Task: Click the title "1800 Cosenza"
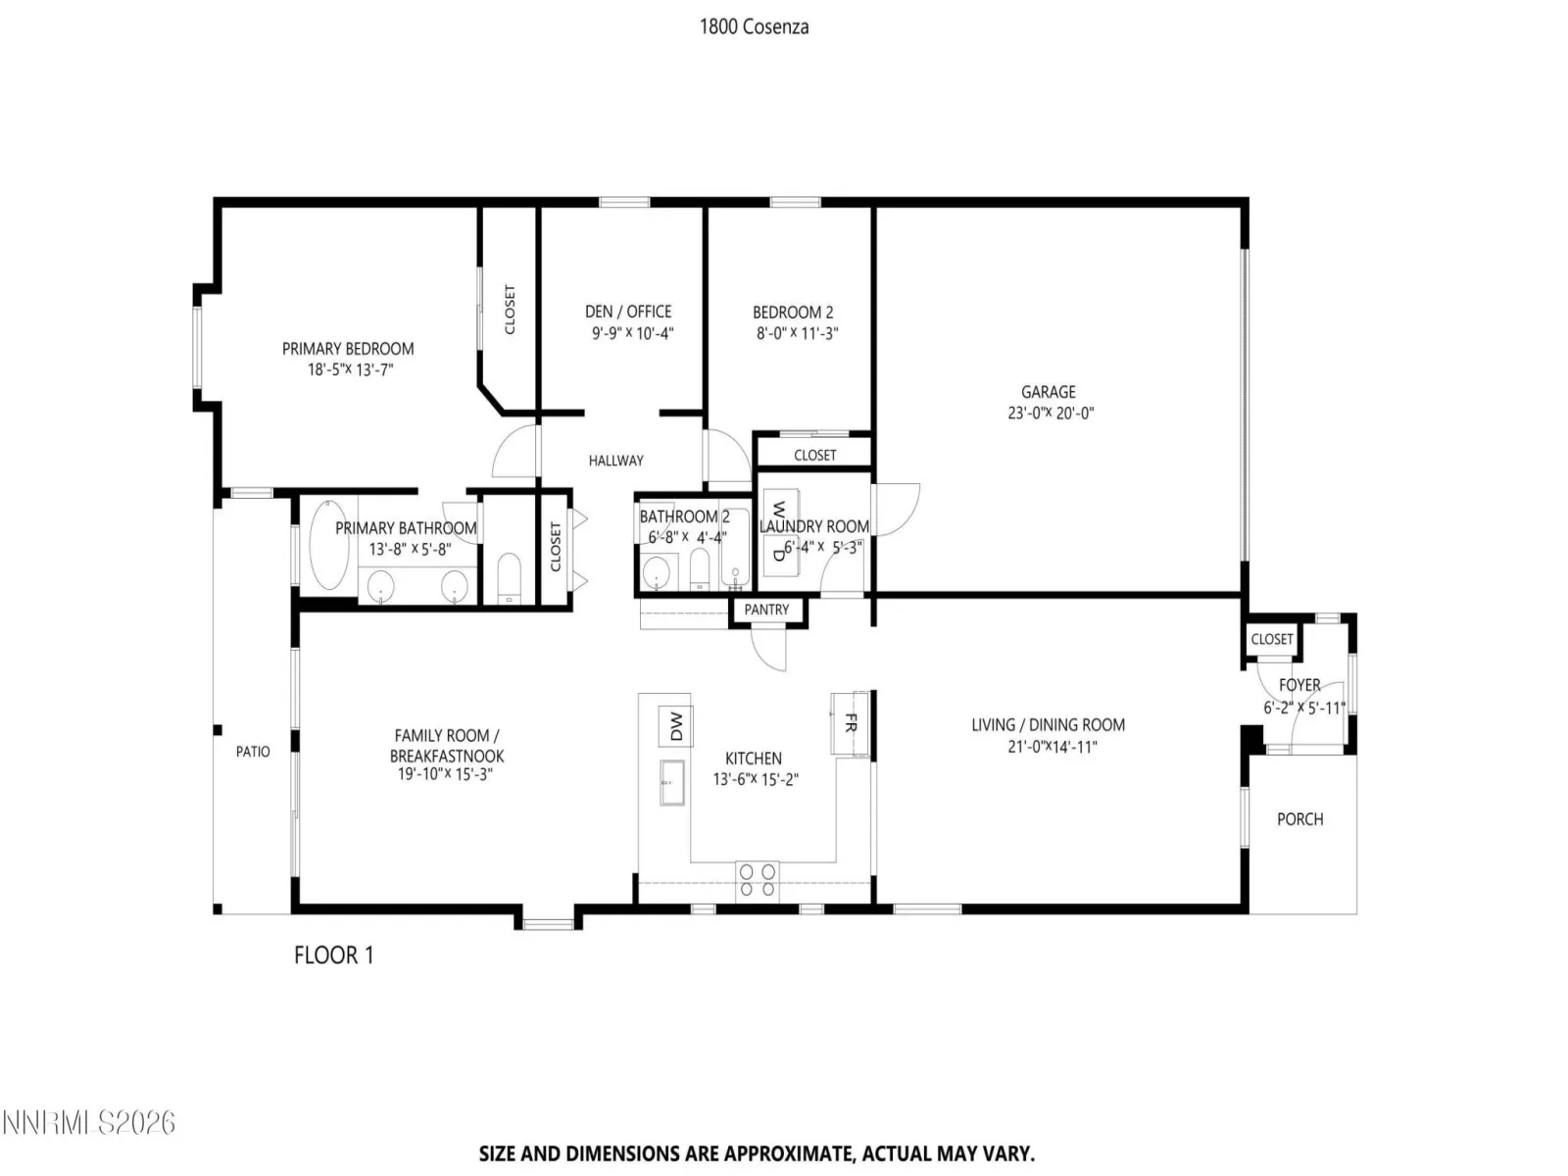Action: click(x=754, y=27)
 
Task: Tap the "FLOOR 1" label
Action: click(x=333, y=955)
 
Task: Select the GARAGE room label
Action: click(x=1048, y=392)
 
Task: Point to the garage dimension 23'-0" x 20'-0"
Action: click(x=1051, y=414)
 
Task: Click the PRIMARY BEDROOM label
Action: click(x=348, y=349)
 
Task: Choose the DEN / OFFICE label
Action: click(x=628, y=312)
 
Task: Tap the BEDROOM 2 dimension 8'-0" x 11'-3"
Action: click(x=797, y=333)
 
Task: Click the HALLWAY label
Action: click(x=615, y=462)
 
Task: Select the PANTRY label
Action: click(x=766, y=610)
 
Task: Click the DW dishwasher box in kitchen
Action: click(x=676, y=725)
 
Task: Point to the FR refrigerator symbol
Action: click(x=850, y=722)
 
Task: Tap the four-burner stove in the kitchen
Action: click(x=758, y=880)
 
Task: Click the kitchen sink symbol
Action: click(x=671, y=783)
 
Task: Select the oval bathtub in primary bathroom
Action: click(x=328, y=544)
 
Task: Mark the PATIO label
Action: click(x=253, y=752)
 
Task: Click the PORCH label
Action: click(x=1300, y=819)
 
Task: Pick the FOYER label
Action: click(x=1299, y=685)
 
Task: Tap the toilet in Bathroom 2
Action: click(x=700, y=569)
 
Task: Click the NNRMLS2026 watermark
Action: click(x=88, y=1123)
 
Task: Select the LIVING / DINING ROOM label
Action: click(x=1048, y=725)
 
